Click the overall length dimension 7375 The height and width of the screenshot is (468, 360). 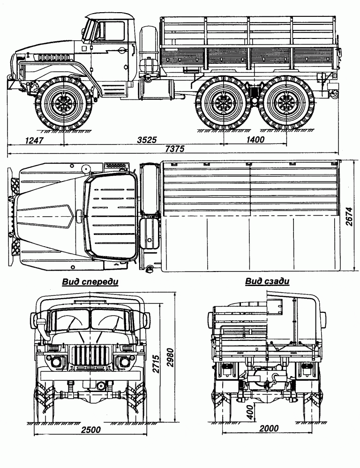click(x=174, y=149)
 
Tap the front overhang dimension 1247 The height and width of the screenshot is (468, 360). click(x=34, y=139)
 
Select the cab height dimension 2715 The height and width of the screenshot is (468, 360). click(x=157, y=364)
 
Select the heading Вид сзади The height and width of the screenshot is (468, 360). click(x=267, y=282)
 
